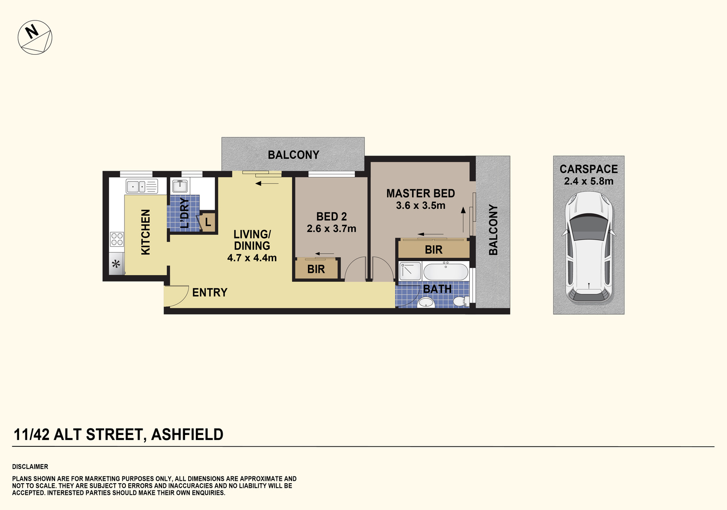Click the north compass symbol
(35, 37)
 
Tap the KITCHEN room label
(145, 232)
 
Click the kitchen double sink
(142, 187)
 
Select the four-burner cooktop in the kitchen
(117, 239)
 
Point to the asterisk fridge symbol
(116, 264)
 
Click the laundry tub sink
(180, 186)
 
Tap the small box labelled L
(207, 222)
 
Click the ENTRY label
(209, 293)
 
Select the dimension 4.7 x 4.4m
(252, 258)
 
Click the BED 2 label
(331, 217)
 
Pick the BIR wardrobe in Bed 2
(316, 269)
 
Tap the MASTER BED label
(421, 193)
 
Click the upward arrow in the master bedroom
(463, 220)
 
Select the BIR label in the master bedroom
(433, 250)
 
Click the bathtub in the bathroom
(446, 272)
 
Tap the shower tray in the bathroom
(410, 271)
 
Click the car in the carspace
(589, 247)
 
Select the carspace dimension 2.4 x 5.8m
(589, 181)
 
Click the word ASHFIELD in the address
(187, 434)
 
